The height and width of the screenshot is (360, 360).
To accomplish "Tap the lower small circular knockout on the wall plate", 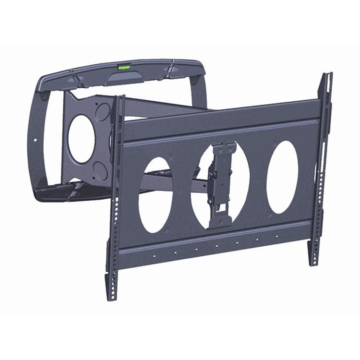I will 99,168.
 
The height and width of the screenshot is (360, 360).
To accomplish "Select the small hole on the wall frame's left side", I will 37,139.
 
